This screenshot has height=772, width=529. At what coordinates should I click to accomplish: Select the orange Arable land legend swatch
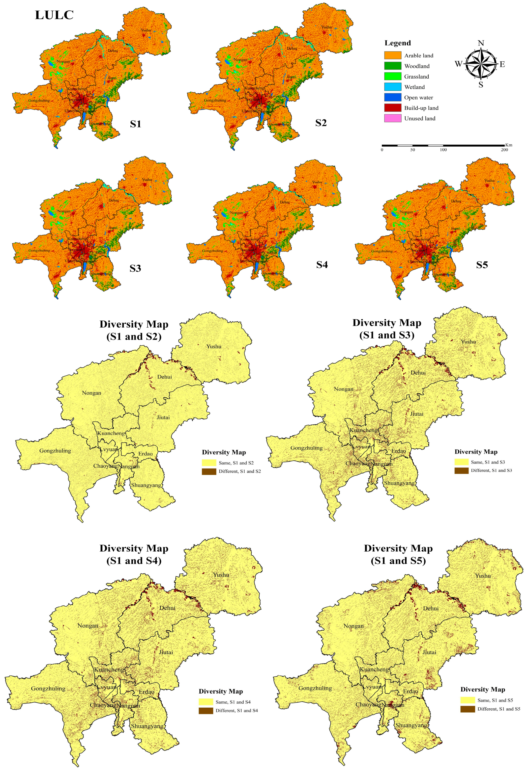[x=392, y=55]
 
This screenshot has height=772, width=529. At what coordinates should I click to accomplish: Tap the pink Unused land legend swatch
[x=392, y=118]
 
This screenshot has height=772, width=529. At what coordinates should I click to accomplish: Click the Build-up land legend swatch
[x=392, y=108]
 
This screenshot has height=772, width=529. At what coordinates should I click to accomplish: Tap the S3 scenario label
[x=135, y=268]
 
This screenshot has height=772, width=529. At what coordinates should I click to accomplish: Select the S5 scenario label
[x=482, y=265]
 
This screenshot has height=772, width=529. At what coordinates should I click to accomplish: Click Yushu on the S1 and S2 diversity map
[x=213, y=346]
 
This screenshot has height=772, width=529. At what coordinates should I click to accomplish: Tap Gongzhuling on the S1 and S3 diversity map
[x=306, y=448]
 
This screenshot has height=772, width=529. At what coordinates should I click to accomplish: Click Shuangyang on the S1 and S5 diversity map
[x=411, y=725]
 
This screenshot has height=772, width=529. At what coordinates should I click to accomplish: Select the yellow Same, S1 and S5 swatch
[x=467, y=700]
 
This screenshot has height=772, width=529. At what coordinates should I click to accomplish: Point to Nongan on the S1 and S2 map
[x=91, y=393]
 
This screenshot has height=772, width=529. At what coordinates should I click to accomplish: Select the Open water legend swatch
[x=392, y=98]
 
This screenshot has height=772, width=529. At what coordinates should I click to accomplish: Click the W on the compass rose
[x=458, y=64]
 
